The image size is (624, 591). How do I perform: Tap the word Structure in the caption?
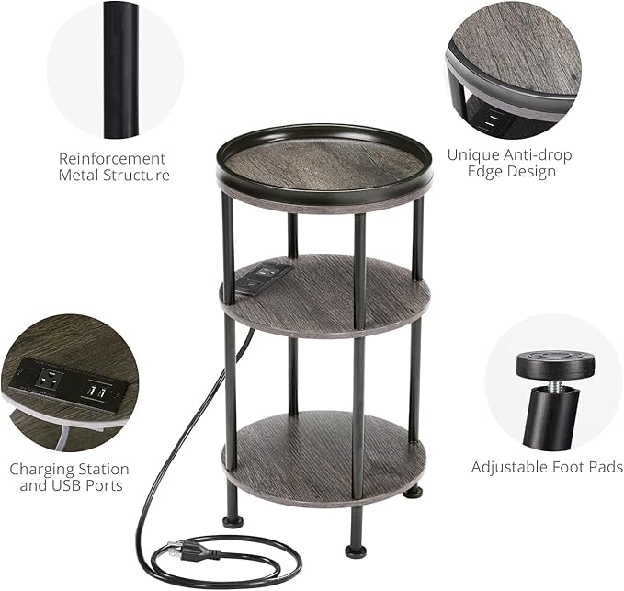[137, 175]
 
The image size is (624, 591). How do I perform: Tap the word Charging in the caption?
[47, 469]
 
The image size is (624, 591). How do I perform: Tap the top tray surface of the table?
[323, 164]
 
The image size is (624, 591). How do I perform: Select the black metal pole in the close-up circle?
[117, 69]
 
